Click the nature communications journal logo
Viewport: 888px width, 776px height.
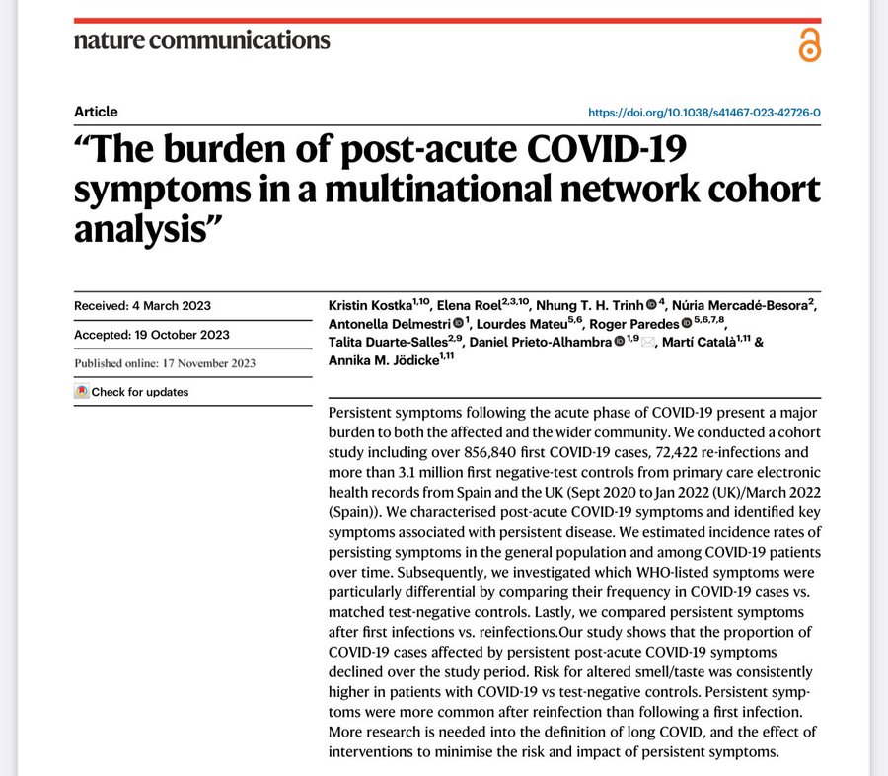[202, 41]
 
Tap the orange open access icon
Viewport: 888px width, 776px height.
[809, 45]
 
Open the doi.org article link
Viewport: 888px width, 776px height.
[704, 113]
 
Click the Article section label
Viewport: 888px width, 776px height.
[96, 112]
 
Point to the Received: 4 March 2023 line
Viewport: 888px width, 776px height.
[142, 305]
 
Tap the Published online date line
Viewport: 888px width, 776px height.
[165, 363]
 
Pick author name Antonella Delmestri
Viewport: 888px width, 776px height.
[389, 325]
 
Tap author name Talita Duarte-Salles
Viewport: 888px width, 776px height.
[388, 343]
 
